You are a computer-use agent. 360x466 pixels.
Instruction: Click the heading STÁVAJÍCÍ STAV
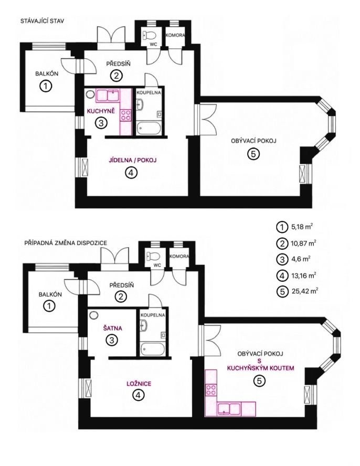(x=42, y=21)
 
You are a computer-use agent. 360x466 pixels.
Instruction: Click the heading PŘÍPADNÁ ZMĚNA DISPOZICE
(x=66, y=243)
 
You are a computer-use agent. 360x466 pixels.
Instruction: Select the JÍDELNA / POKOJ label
(x=133, y=161)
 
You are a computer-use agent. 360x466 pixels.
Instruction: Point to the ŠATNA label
(x=113, y=329)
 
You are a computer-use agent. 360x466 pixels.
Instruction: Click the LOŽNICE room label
(x=139, y=384)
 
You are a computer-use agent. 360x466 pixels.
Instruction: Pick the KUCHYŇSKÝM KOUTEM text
(x=260, y=368)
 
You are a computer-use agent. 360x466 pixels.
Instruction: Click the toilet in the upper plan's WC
(x=149, y=36)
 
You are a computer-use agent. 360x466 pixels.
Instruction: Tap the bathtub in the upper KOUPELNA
(x=149, y=129)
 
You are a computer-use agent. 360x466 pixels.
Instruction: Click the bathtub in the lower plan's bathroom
(x=153, y=349)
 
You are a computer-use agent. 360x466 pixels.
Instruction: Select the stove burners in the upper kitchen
(x=125, y=115)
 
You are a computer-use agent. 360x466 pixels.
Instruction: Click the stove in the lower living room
(x=211, y=389)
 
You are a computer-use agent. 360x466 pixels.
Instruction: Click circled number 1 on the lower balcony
(x=50, y=306)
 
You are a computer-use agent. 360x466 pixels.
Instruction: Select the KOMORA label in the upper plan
(x=175, y=35)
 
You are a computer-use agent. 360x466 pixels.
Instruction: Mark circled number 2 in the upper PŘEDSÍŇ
(x=117, y=76)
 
